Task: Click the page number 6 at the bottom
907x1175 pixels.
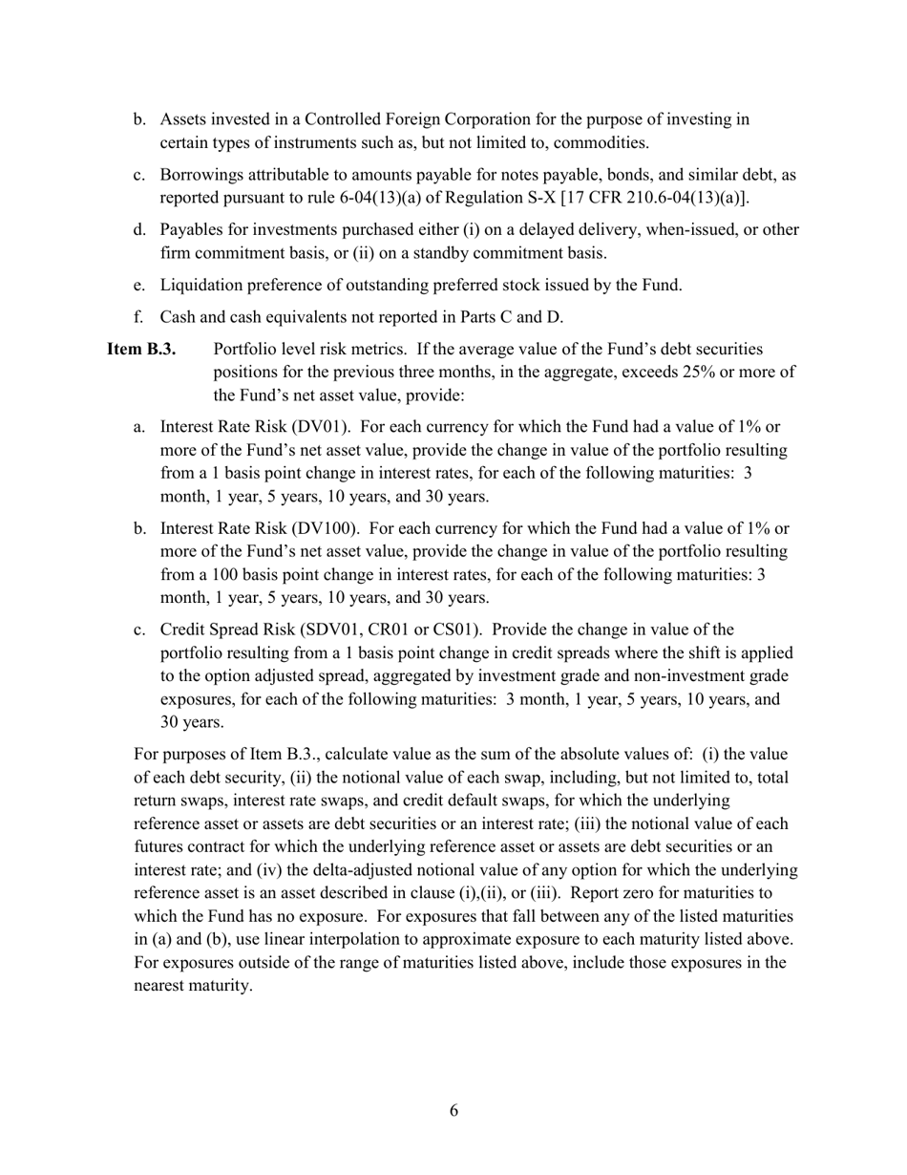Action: coord(453,1110)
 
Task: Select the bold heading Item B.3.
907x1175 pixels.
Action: coord(141,350)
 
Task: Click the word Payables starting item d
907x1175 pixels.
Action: coord(190,229)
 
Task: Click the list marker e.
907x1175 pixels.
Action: coord(138,285)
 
